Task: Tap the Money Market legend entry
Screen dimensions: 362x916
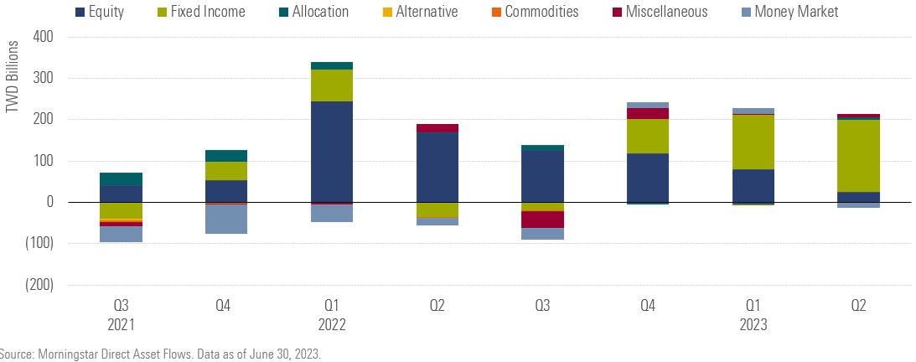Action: (x=796, y=12)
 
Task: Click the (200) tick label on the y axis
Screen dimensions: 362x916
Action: (x=39, y=285)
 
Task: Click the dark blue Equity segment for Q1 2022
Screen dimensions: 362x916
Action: (x=331, y=152)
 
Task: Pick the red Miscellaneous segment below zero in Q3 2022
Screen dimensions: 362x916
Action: (x=542, y=220)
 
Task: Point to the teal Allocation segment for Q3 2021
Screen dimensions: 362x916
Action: (x=121, y=179)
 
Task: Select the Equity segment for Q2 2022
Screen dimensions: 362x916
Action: (x=437, y=168)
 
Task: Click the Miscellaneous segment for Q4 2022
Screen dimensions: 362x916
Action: (x=648, y=114)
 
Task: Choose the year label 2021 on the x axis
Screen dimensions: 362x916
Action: (x=121, y=324)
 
